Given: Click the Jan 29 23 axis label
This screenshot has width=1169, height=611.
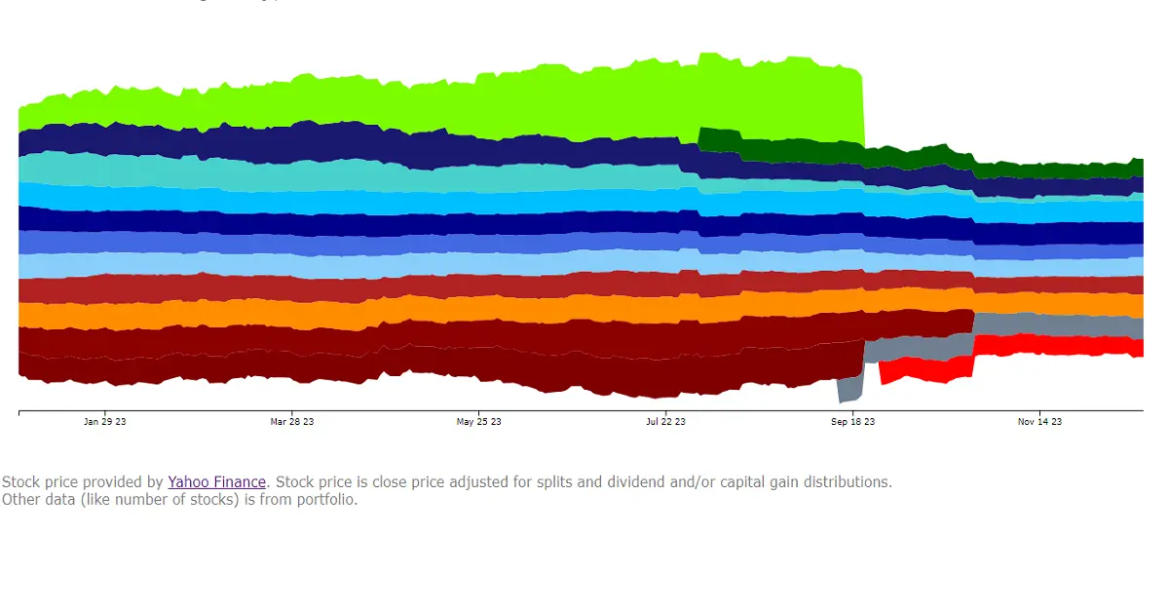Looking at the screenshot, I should (104, 422).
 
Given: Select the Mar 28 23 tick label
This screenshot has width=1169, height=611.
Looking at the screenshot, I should (291, 422).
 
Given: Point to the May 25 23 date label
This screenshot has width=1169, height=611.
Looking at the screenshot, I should (478, 422).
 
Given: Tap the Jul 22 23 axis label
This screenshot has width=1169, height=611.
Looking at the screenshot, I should (665, 422).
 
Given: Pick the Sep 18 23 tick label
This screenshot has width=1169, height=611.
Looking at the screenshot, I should (852, 422).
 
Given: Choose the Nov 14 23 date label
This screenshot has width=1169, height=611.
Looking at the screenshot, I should (1039, 422).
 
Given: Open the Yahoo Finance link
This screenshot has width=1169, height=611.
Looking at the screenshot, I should (216, 482).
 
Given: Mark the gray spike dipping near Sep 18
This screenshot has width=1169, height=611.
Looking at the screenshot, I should (849, 388).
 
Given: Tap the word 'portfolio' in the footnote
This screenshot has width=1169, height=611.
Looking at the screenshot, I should (324, 500).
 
